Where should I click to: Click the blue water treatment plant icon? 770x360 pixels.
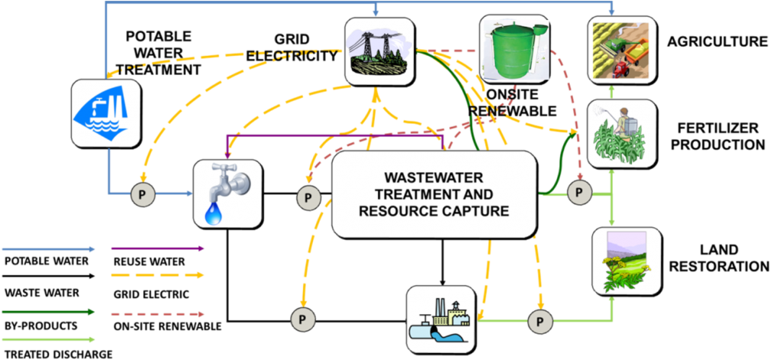pos(105,113)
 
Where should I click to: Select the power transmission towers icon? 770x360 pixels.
pos(379,51)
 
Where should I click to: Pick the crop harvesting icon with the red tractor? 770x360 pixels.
pos(620,49)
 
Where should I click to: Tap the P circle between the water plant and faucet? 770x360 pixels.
pos(142,194)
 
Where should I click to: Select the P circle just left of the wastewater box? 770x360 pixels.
pos(308,198)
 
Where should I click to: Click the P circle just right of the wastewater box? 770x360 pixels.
pos(579,194)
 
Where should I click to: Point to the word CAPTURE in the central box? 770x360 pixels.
pos(473,211)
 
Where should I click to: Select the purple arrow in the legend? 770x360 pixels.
pos(157,249)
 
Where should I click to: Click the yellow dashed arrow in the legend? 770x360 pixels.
pos(157,275)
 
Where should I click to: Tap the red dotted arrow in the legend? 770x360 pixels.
pos(157,313)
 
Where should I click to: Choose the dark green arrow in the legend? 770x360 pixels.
pos(48,312)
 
